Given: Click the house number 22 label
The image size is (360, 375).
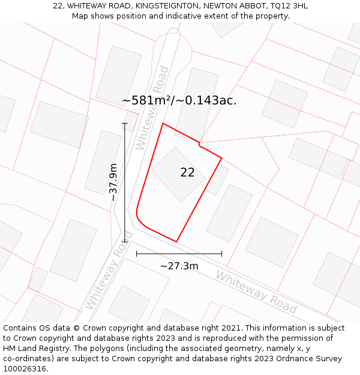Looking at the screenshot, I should [187, 173].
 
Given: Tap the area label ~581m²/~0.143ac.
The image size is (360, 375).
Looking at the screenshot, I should [179, 101].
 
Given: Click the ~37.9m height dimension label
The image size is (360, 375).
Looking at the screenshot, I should [113, 182].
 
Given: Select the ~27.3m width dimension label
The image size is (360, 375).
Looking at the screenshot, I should [179, 266].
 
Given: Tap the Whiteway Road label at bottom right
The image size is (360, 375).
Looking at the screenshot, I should [256, 292].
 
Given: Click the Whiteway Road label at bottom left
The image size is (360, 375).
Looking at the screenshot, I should [108, 270].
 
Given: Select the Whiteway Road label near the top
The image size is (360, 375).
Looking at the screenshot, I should [153, 108].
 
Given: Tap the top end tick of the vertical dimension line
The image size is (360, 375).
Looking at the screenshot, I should [125, 124].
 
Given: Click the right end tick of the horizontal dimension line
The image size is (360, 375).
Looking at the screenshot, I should [221, 254].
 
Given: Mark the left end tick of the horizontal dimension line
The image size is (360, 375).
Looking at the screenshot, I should [137, 254].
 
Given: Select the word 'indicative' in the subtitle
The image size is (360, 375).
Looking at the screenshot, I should [178, 16].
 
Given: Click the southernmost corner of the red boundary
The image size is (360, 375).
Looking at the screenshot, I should [176, 242].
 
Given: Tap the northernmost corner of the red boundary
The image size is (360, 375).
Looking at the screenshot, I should [163, 124].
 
